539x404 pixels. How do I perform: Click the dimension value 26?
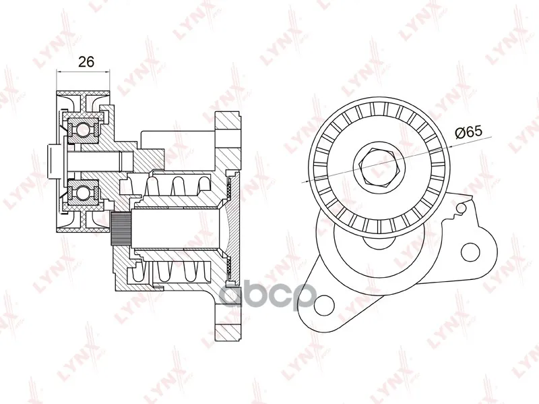(86, 62)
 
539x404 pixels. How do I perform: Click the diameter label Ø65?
(468, 132)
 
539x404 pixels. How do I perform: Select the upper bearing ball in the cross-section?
(83, 129)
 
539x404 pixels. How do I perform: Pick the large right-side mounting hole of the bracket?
(470, 253)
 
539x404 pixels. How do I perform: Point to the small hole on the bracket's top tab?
(462, 208)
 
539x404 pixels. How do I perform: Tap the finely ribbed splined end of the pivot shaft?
(121, 229)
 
